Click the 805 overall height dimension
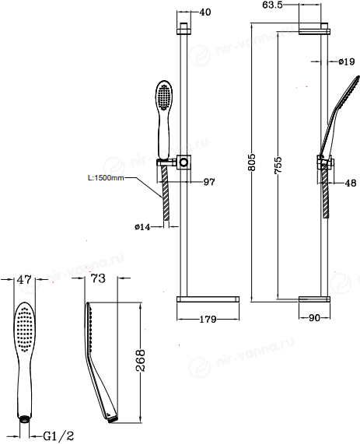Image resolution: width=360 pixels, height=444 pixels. click(252, 163)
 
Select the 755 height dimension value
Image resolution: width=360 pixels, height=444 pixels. click(278, 165)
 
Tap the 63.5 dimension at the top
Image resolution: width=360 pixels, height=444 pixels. click(272, 5)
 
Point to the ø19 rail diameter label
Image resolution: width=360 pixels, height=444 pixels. click(347, 61)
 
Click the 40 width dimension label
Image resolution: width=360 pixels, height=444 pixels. click(205, 12)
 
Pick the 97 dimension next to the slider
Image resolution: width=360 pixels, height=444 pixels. click(209, 181)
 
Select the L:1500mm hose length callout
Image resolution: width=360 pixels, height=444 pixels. click(106, 178)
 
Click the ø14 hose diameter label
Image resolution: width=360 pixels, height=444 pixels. click(142, 227)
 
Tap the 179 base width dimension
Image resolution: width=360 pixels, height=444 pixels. click(208, 319)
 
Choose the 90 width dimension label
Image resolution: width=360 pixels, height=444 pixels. click(314, 318)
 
